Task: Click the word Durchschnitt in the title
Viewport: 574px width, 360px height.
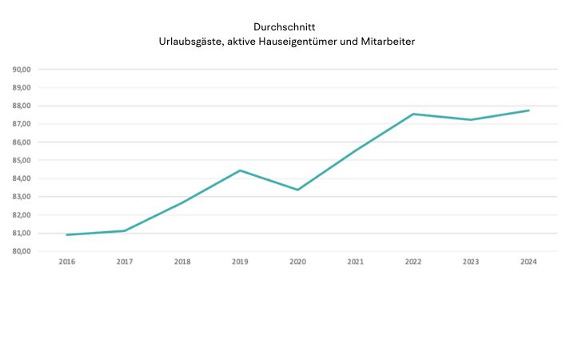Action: pos(287,26)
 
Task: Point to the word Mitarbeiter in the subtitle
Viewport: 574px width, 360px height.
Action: pos(388,41)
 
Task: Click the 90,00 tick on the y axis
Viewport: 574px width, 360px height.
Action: pos(22,69)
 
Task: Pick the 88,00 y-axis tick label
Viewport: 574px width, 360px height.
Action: pos(22,106)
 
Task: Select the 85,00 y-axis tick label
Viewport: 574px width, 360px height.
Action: pos(22,160)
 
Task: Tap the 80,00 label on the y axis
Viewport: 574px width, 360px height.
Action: pos(22,251)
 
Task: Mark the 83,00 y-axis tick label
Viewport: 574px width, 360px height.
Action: pos(22,197)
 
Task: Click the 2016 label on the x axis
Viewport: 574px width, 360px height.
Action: pos(67,262)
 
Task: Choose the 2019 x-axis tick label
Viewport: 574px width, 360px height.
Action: pos(240,262)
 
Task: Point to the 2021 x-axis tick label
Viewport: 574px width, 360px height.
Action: pos(355,262)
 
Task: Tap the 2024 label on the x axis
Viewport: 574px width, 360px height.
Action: pos(528,262)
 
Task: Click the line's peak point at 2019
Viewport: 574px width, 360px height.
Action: pos(240,170)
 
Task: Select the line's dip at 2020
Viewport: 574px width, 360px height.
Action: pos(297,190)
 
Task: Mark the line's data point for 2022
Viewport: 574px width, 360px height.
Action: pos(413,114)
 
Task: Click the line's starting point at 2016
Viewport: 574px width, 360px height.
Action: pos(67,234)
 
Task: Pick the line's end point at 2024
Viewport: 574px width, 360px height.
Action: pos(528,110)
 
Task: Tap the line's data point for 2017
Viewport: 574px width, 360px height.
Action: pos(125,230)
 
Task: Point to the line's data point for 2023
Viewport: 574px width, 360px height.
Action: pos(470,120)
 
